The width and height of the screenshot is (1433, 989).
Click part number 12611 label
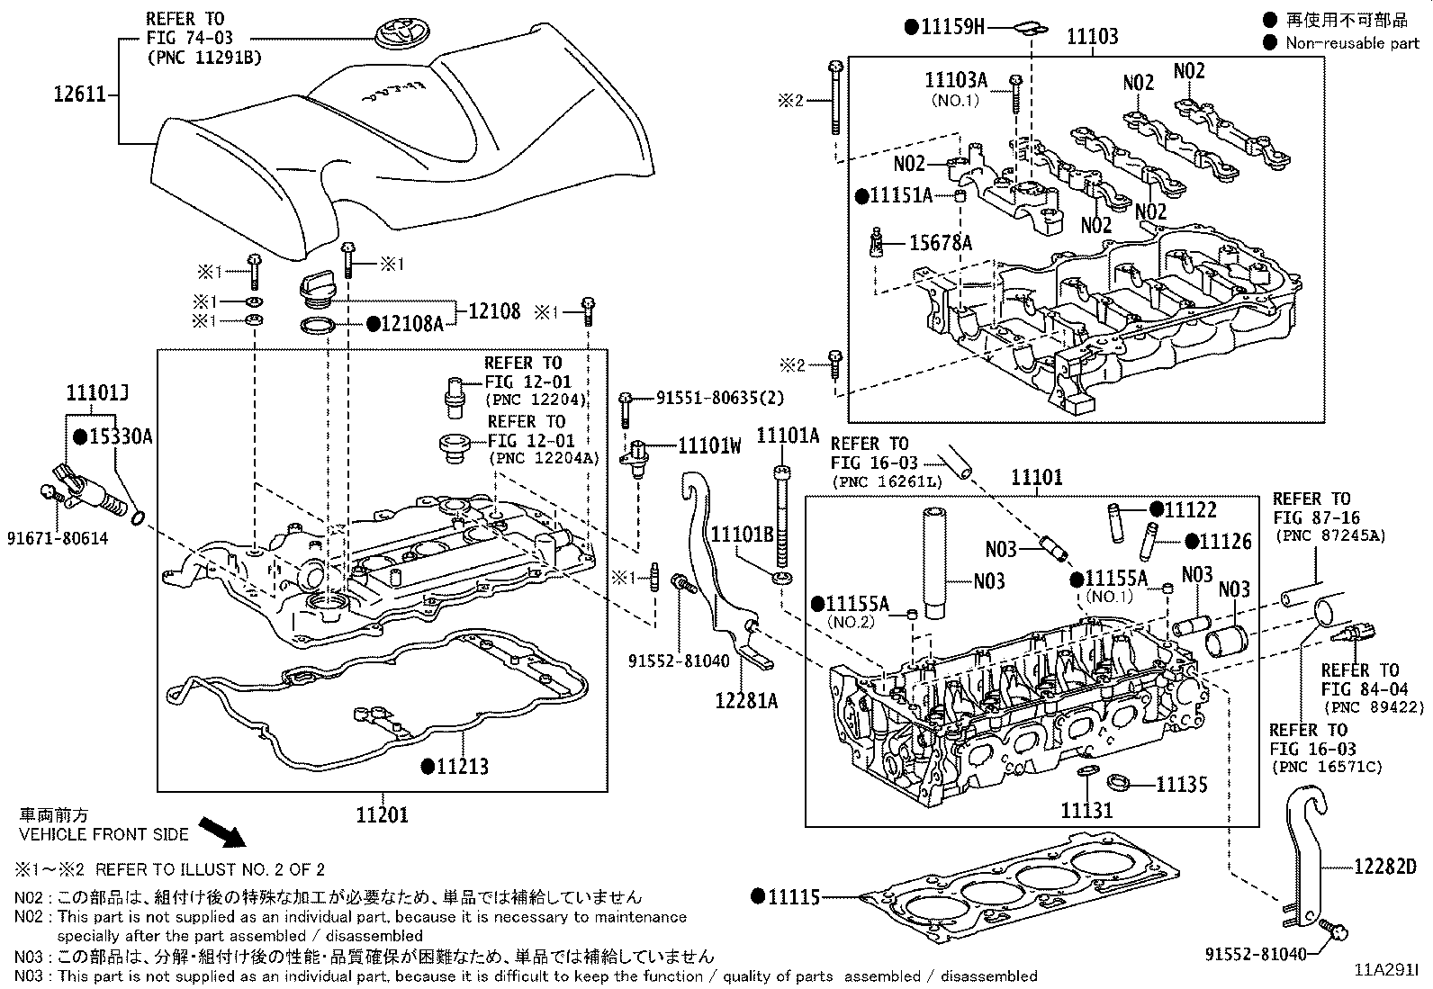[79, 93]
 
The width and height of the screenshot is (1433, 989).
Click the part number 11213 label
[463, 766]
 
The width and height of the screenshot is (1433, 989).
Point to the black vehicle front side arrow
[221, 832]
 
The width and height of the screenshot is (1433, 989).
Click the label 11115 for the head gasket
[793, 896]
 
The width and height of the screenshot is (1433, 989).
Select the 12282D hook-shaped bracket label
[1385, 866]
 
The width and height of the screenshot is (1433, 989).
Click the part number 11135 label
[1181, 785]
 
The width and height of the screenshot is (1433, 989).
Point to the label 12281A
[746, 700]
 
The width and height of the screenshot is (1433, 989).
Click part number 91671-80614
[58, 538]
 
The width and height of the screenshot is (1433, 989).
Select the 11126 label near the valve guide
[1225, 541]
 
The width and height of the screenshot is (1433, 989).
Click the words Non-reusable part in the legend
[1351, 43]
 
